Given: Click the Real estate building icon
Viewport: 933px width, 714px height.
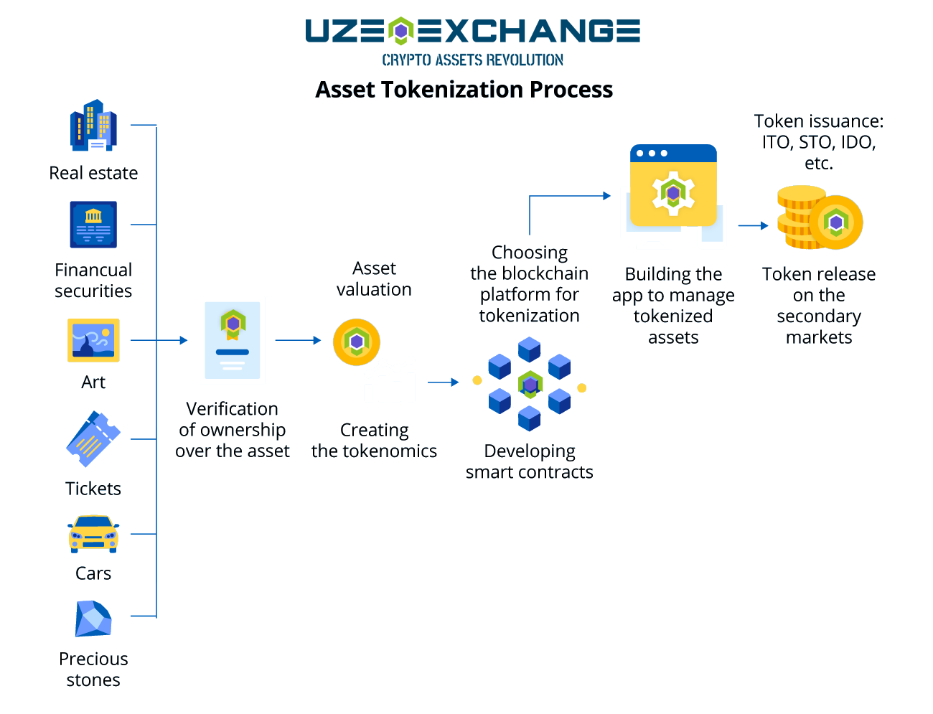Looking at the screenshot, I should [x=93, y=126].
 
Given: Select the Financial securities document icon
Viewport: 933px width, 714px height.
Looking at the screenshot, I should [x=93, y=225].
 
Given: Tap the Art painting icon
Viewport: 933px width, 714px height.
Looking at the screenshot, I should [x=93, y=340].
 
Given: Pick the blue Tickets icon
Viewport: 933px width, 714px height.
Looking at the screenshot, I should [x=93, y=438].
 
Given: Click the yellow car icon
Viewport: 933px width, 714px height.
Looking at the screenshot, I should [x=93, y=534].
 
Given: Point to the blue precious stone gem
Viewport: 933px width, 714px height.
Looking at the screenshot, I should [x=93, y=619].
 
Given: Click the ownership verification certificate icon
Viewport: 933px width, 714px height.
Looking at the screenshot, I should [x=233, y=340].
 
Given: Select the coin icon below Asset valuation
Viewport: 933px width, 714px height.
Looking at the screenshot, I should [x=357, y=342].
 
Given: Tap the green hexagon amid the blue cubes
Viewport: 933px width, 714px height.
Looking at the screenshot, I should [x=530, y=385].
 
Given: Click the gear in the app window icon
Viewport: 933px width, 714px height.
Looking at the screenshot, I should [x=673, y=192].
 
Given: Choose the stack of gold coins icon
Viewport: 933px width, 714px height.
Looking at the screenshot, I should [x=819, y=218].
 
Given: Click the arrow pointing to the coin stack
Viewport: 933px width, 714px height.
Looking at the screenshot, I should [x=754, y=225].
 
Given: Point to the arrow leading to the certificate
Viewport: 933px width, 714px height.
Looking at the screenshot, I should [x=159, y=340].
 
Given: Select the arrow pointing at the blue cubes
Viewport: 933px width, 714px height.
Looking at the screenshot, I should [x=444, y=382].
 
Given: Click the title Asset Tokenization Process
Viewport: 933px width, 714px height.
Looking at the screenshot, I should [x=464, y=90].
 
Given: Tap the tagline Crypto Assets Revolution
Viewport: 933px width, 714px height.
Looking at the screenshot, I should [x=472, y=60].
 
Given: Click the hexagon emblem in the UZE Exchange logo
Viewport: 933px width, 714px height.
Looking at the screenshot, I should [x=401, y=31].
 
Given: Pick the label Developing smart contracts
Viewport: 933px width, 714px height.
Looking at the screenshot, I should [x=530, y=461].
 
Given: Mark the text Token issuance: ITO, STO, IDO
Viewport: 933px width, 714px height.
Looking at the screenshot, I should [x=819, y=142].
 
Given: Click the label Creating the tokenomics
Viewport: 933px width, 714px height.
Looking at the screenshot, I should [x=374, y=441].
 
